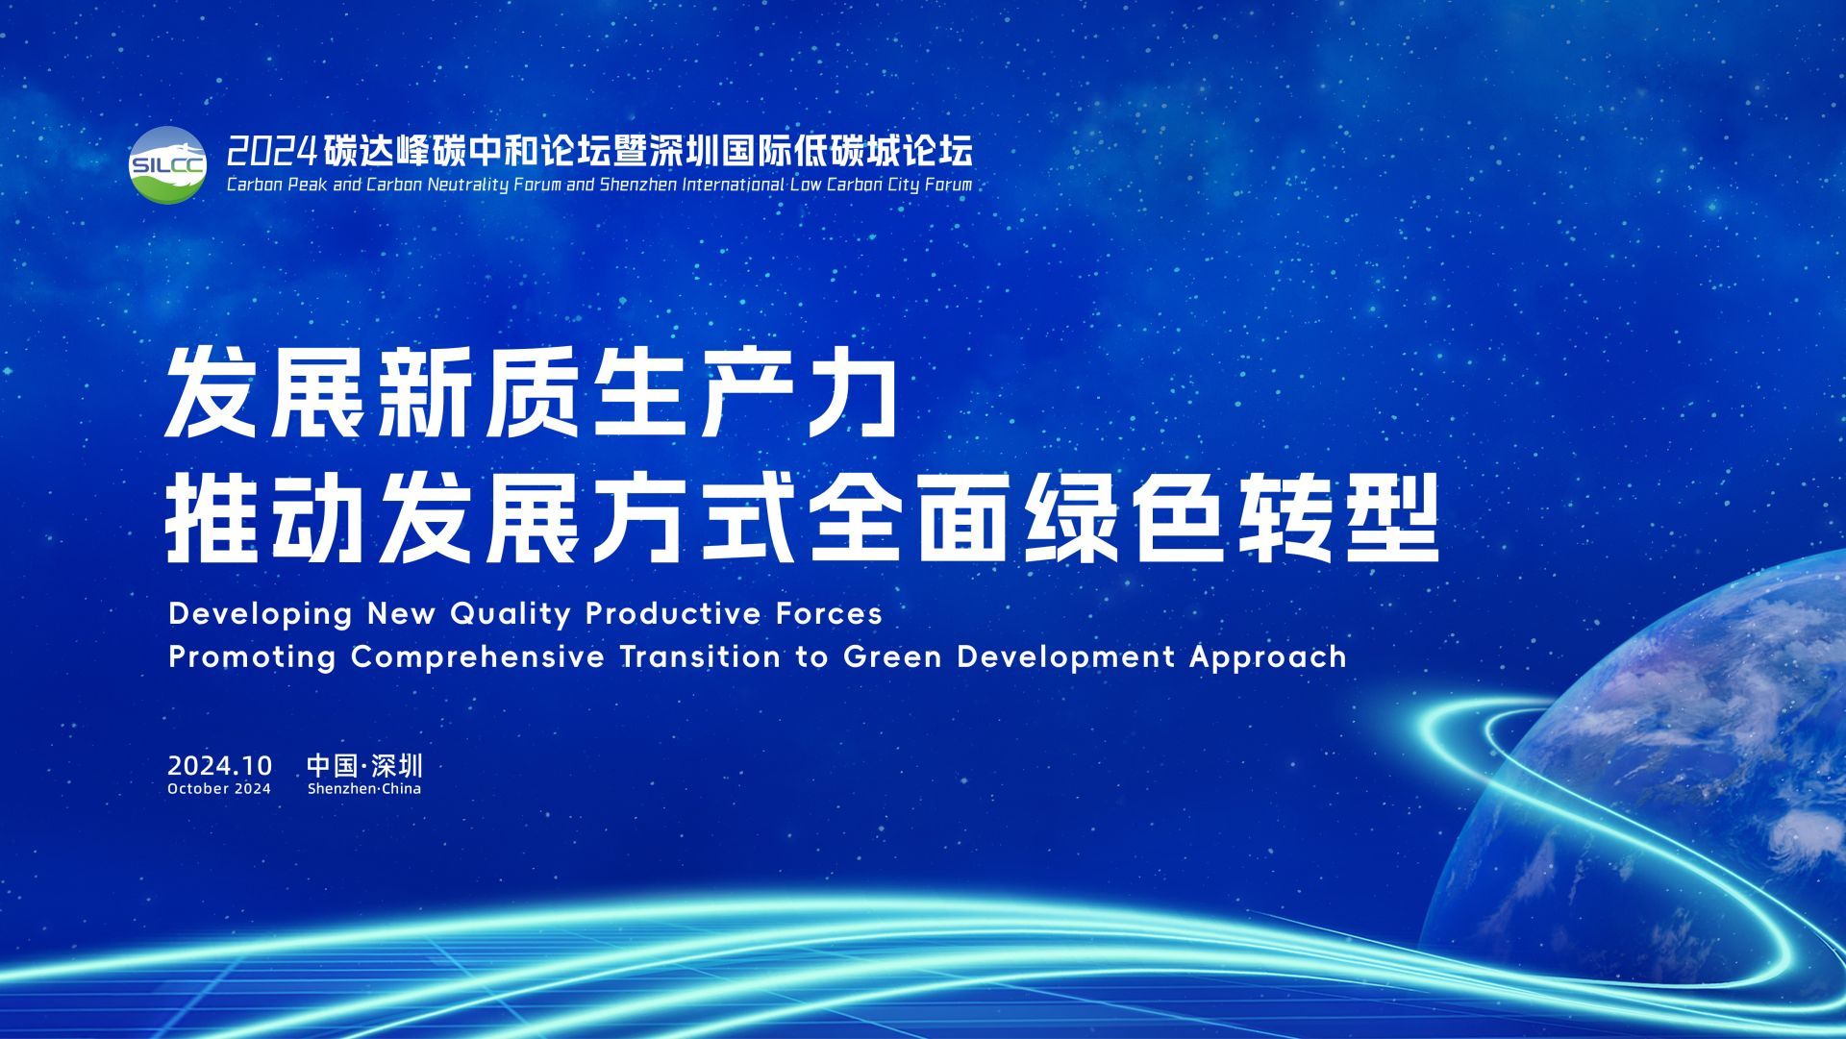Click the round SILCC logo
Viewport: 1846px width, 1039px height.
167,165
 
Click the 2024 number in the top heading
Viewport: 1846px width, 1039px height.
272,150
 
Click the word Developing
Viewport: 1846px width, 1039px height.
262,614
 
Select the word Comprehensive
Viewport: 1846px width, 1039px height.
478,657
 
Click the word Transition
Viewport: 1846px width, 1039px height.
701,657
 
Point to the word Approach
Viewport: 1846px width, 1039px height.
1268,658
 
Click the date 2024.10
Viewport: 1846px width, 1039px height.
220,766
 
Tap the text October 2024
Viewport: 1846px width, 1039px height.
219,789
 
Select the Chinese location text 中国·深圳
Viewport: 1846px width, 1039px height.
364,766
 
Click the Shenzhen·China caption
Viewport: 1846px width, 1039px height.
364,789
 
